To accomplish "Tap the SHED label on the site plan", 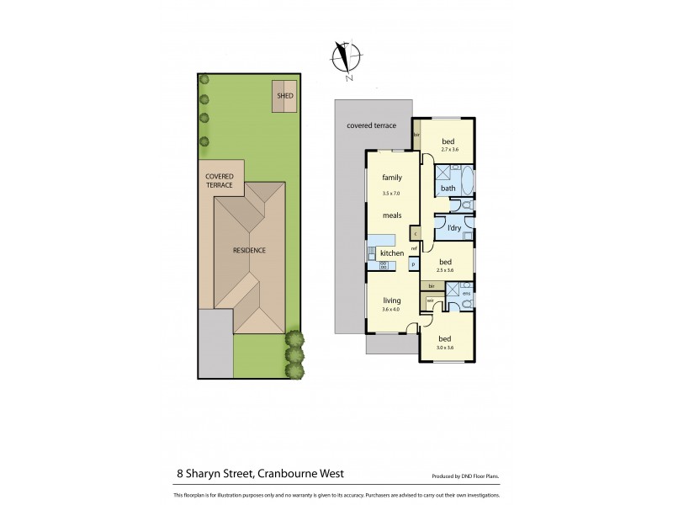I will [284, 97].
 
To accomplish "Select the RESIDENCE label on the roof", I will [249, 250].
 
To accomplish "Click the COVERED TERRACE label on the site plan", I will [220, 180].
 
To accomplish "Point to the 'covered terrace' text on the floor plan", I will [371, 125].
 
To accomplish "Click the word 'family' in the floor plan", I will [391, 178].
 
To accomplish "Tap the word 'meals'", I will [391, 215].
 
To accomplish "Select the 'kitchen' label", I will [392, 252].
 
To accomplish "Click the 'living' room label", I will [391, 300].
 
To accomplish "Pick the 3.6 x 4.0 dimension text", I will [391, 309].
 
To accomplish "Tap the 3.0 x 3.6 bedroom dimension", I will [446, 348].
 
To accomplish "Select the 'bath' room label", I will [448, 188].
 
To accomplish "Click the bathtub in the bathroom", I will [468, 181].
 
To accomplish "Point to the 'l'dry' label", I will [454, 228].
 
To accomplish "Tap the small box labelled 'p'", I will [413, 264].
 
